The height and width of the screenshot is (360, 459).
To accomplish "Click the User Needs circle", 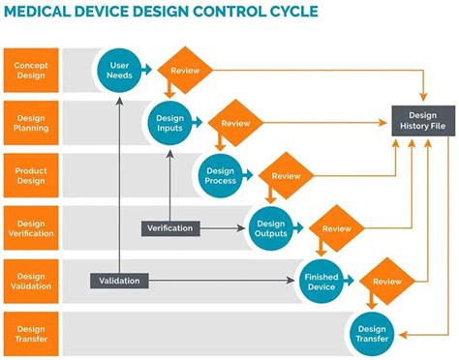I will click(x=120, y=69).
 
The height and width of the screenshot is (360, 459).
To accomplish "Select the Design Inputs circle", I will click(x=169, y=123).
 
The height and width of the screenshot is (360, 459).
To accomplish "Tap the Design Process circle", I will click(x=221, y=175).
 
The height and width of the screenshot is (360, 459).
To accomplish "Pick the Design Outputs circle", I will click(x=271, y=226).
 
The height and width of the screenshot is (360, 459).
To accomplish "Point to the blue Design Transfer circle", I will click(x=372, y=332).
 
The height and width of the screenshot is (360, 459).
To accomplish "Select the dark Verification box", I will click(x=170, y=228).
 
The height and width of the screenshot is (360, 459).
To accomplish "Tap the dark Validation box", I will click(x=120, y=281).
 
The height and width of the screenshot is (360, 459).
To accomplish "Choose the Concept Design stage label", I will click(x=31, y=70).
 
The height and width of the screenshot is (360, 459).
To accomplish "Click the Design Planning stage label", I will click(x=31, y=123).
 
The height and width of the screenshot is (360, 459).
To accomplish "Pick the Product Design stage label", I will click(x=31, y=175).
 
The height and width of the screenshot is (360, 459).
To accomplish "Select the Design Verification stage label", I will click(x=31, y=228).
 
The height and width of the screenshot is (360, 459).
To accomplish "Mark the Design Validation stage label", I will click(x=31, y=281).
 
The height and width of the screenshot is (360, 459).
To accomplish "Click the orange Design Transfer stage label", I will click(x=31, y=333).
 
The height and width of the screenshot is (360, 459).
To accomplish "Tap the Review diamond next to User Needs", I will click(x=185, y=72).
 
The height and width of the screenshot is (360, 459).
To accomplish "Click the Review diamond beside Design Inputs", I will click(x=235, y=124).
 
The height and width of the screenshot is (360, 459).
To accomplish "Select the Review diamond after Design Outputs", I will click(x=336, y=229).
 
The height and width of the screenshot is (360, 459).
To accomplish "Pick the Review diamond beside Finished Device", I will click(x=386, y=282).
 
